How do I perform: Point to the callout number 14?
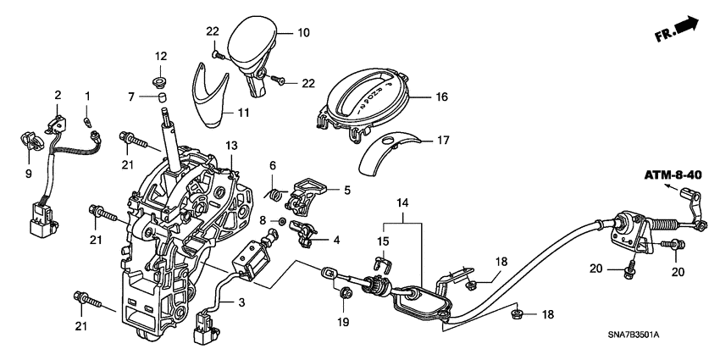[402, 204]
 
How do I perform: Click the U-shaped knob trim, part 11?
[213, 91]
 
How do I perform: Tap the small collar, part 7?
[160, 104]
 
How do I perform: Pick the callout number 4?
[337, 241]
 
